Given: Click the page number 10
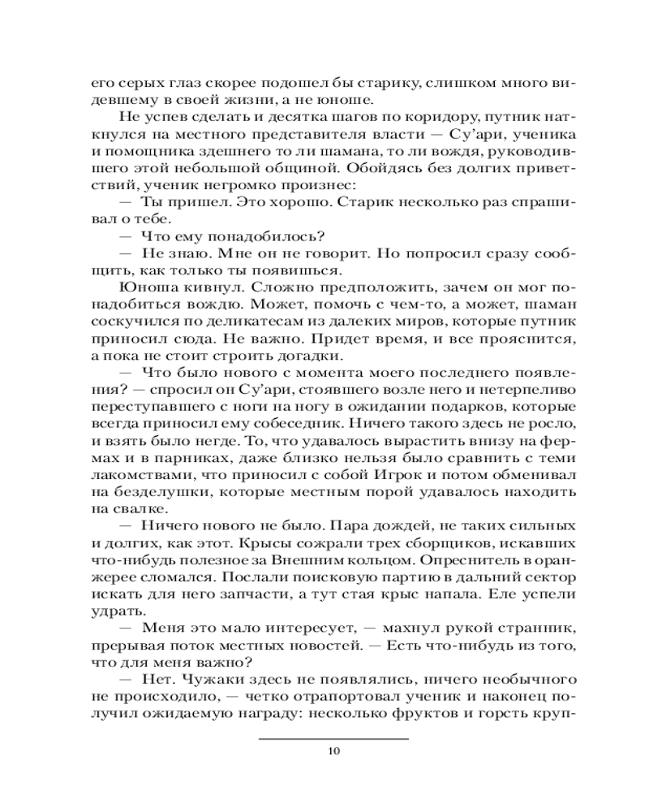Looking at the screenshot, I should pos(333,750).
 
